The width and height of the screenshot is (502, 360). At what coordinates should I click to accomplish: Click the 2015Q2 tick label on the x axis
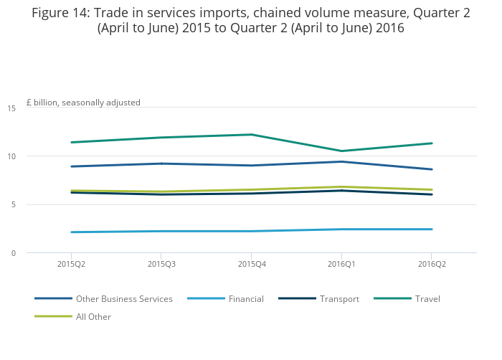pyautogui.click(x=71, y=264)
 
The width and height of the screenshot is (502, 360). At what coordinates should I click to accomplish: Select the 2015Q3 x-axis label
pyautogui.click(x=161, y=264)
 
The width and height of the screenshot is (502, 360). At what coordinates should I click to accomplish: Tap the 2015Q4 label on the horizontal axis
pyautogui.click(x=251, y=264)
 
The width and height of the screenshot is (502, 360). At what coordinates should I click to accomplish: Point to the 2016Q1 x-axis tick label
pyautogui.click(x=341, y=264)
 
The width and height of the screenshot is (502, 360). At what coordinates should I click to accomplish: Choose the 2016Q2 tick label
pyautogui.click(x=431, y=264)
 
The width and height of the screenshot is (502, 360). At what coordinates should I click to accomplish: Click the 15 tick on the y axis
pyautogui.click(x=11, y=108)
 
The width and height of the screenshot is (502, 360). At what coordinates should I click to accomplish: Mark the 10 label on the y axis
pyautogui.click(x=11, y=156)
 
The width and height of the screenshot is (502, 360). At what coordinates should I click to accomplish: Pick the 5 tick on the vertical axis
pyautogui.click(x=14, y=205)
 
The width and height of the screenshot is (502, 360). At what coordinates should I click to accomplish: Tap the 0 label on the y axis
pyautogui.click(x=14, y=253)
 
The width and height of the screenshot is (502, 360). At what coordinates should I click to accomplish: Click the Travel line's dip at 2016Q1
pyautogui.click(x=341, y=151)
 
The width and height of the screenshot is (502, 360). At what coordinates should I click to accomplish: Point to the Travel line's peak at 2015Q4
pyautogui.click(x=251, y=135)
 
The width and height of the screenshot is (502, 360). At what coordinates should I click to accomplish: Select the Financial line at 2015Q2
pyautogui.click(x=71, y=232)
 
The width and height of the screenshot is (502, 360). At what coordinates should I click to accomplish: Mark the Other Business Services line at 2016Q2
pyautogui.click(x=431, y=169)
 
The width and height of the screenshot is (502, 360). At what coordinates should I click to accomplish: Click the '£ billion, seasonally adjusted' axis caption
pyautogui.click(x=83, y=103)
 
